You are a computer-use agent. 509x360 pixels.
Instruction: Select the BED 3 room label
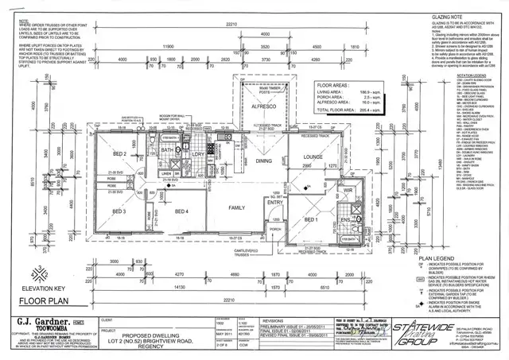tap(119, 211)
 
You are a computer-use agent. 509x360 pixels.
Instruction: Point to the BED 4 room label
tap(181, 211)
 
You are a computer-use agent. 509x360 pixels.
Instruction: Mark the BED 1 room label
tap(310, 219)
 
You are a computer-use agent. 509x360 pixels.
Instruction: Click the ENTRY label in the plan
tap(275, 202)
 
